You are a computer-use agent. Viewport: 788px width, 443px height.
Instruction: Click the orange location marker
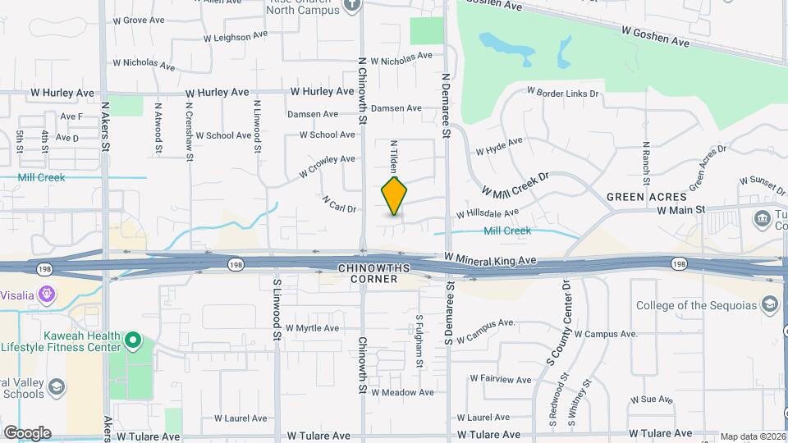tap(395, 196)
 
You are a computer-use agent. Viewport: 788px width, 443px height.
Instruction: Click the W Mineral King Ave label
tap(490, 260)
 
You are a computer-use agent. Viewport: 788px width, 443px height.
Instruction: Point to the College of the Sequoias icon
tap(770, 306)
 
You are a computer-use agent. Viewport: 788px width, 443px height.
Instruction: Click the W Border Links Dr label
tap(562, 94)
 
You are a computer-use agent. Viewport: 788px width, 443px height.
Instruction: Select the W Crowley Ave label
tap(327, 166)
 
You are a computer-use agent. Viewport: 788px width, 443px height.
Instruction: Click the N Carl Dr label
tap(339, 203)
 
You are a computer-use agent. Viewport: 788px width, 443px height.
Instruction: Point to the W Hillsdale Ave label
tap(488, 213)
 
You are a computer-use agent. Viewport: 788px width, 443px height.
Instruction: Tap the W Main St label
tap(681, 210)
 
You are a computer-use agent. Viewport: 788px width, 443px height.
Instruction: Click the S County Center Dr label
tap(564, 323)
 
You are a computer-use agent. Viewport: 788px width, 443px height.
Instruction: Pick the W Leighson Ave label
tap(236, 36)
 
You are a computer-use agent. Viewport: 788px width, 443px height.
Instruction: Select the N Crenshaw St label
tap(190, 126)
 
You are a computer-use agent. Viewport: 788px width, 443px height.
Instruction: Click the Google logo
tap(27, 432)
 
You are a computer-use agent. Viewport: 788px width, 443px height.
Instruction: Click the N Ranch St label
tap(646, 162)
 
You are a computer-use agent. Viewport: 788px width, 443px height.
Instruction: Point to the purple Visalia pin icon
tap(47, 293)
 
